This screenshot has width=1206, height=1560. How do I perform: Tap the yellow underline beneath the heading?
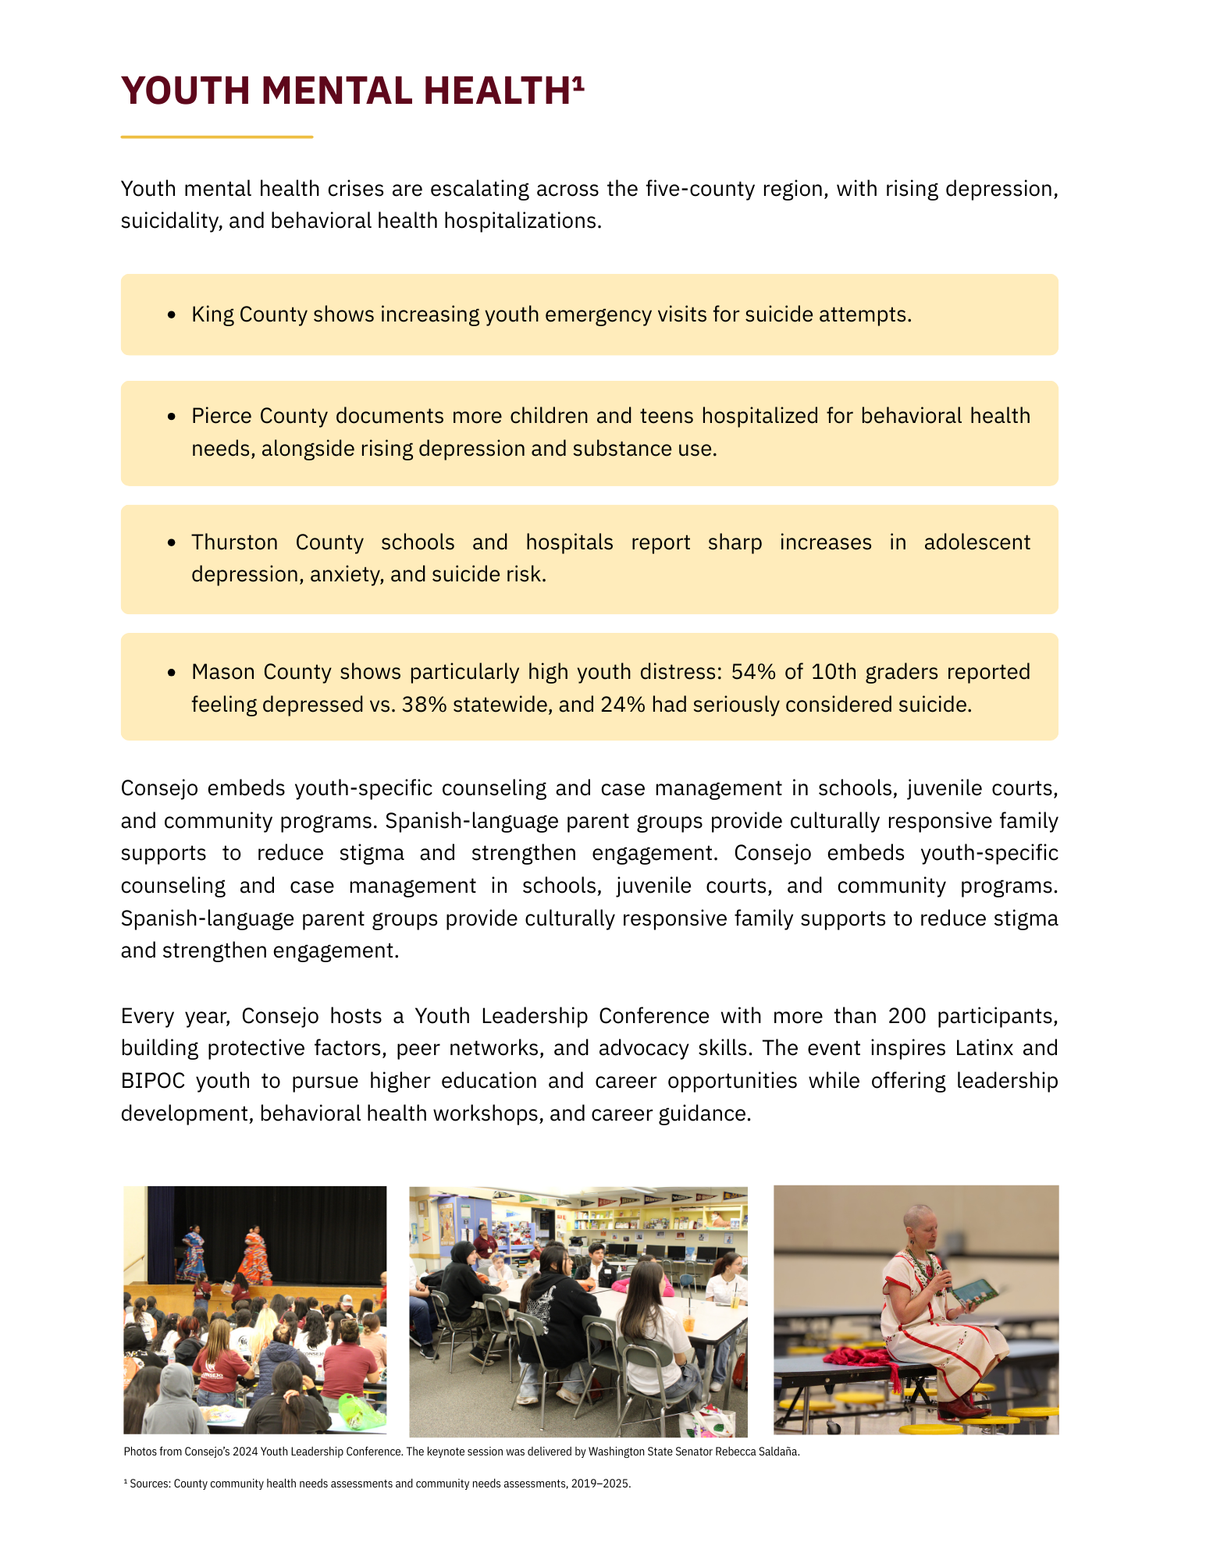(x=216, y=137)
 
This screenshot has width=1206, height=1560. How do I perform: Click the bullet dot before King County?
(x=172, y=314)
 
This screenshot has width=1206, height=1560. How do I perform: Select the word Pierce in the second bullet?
(x=221, y=416)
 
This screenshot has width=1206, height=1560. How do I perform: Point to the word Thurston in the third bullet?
(x=234, y=542)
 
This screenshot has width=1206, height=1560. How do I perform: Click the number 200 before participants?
(x=906, y=1016)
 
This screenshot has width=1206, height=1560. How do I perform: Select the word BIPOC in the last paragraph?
(x=153, y=1081)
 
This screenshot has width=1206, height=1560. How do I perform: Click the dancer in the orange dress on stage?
(x=254, y=1253)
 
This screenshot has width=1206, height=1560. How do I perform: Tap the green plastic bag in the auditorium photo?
(x=361, y=1411)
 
